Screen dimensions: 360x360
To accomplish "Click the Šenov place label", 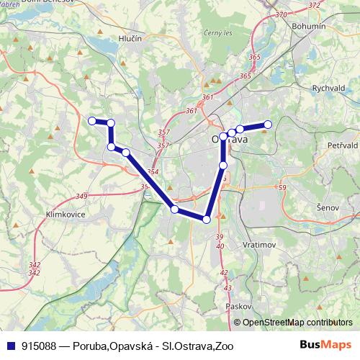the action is (x=328, y=207).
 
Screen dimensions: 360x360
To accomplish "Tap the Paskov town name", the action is (x=237, y=306).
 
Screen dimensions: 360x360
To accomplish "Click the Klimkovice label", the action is (x=65, y=215).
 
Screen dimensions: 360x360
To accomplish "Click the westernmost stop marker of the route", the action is (x=91, y=121).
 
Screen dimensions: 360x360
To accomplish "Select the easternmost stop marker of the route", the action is (x=267, y=124).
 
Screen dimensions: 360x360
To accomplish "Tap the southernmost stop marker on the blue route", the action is (x=207, y=220).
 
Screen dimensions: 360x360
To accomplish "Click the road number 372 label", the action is (x=314, y=5).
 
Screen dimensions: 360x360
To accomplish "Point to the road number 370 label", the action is (x=281, y=14).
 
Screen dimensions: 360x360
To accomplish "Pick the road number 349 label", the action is (x=81, y=196).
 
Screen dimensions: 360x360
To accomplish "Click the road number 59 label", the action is (x=282, y=188).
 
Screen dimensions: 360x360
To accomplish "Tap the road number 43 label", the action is (x=228, y=288).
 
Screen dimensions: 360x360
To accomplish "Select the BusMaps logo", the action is (x=327, y=346).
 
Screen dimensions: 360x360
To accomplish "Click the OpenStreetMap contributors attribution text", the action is (x=297, y=323).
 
